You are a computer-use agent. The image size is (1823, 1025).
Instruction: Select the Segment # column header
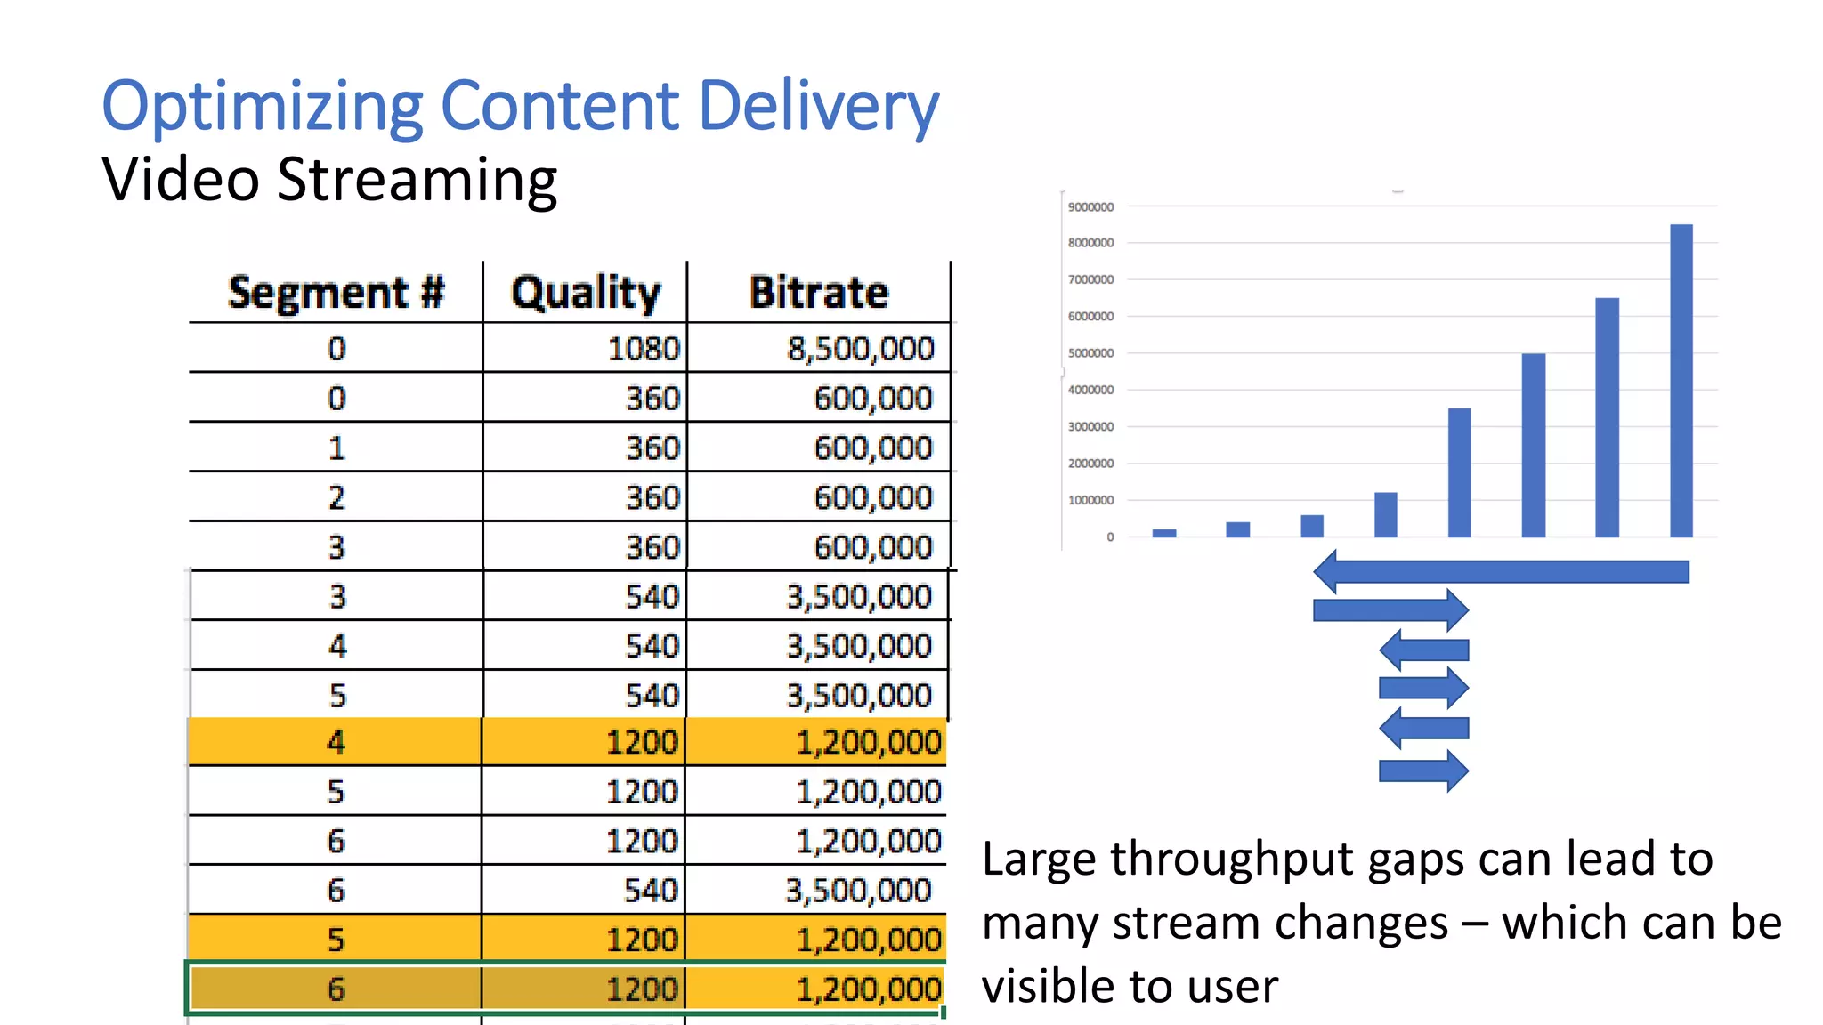pos(336,293)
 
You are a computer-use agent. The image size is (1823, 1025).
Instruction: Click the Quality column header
pos(586,293)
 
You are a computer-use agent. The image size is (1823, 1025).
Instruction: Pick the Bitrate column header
pos(819,293)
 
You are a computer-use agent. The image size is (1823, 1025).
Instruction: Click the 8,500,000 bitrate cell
pos(860,349)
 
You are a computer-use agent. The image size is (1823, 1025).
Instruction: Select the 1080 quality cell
pos(643,349)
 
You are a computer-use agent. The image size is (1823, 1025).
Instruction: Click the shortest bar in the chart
pos(1163,533)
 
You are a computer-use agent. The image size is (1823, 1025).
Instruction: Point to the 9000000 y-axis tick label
pos(1090,207)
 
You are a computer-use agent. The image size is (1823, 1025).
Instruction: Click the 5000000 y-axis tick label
pos(1090,353)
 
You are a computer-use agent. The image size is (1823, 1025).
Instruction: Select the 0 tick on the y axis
pos(1110,537)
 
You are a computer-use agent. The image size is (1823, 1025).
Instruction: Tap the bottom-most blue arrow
pos(1422,771)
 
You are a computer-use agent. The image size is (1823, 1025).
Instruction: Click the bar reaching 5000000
pos(1533,445)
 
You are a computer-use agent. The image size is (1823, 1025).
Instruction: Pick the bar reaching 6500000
pos(1607,417)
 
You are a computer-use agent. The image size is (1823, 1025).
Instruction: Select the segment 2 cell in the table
pos(336,497)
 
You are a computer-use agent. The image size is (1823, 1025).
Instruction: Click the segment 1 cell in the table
pos(336,448)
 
